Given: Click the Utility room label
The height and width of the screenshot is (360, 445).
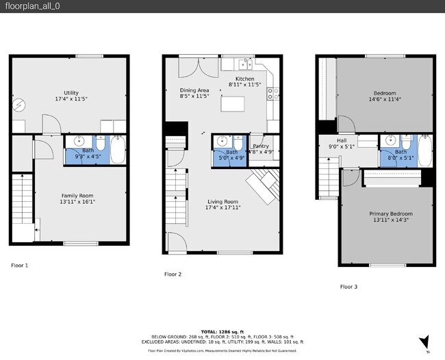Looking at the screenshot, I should (71, 95).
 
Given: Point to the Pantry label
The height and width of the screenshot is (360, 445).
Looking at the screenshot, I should (260, 146).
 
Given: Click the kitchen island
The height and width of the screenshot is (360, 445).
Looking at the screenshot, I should (233, 105).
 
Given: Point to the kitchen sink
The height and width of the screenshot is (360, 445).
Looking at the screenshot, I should (245, 64).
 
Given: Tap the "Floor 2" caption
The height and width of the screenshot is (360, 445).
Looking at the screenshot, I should (173, 274).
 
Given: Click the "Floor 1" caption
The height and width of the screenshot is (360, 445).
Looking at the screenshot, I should (20, 264).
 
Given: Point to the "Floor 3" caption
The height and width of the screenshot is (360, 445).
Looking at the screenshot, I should (348, 287).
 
